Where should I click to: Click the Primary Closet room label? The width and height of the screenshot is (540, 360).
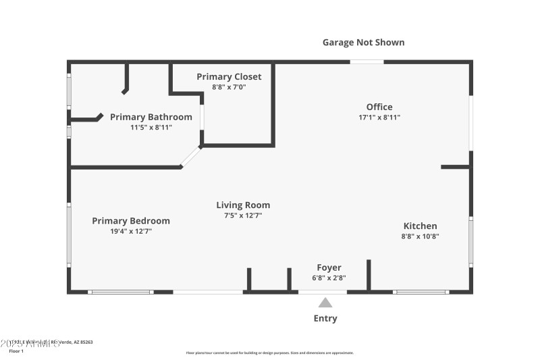coord(229,77)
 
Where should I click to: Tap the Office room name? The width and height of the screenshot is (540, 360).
coord(379,107)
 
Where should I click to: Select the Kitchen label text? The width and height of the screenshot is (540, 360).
coord(420,226)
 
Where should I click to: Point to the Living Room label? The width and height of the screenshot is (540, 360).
coord(243,205)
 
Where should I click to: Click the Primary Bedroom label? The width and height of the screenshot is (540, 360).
coord(131,221)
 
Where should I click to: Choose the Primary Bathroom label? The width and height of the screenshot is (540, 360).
coord(151,117)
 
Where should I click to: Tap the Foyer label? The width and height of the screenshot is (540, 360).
coord(329,267)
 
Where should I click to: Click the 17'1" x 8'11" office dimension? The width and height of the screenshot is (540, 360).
coord(379,118)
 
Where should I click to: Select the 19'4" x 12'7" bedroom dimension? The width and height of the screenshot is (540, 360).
coord(131,232)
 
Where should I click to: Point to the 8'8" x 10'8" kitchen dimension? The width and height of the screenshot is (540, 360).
coord(420,236)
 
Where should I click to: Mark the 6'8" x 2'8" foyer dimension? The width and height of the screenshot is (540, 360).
coord(329,278)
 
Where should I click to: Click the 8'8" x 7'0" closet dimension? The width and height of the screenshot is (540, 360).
coord(229,87)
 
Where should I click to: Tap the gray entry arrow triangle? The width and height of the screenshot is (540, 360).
coord(325,303)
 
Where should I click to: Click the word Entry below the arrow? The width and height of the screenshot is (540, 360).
coord(325,318)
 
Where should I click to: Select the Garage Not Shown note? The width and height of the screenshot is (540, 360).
coord(363,43)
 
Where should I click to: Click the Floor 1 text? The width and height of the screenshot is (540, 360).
coord(16,351)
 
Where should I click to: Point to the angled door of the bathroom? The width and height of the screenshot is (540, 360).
coord(190,157)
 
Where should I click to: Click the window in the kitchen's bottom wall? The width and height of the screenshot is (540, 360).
coord(421,292)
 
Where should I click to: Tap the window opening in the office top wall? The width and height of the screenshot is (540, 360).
coord(367,62)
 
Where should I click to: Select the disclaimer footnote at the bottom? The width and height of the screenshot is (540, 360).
coord(269,353)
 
